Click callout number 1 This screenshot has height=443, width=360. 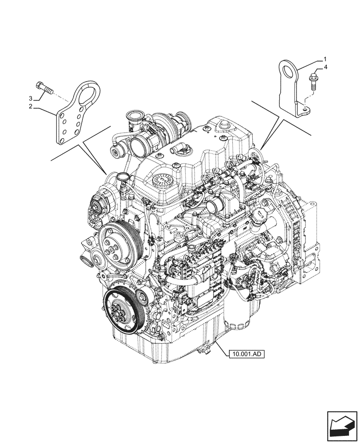click(x=325, y=59)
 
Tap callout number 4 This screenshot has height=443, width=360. click(x=326, y=67)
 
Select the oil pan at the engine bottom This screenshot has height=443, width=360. click(x=177, y=346)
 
